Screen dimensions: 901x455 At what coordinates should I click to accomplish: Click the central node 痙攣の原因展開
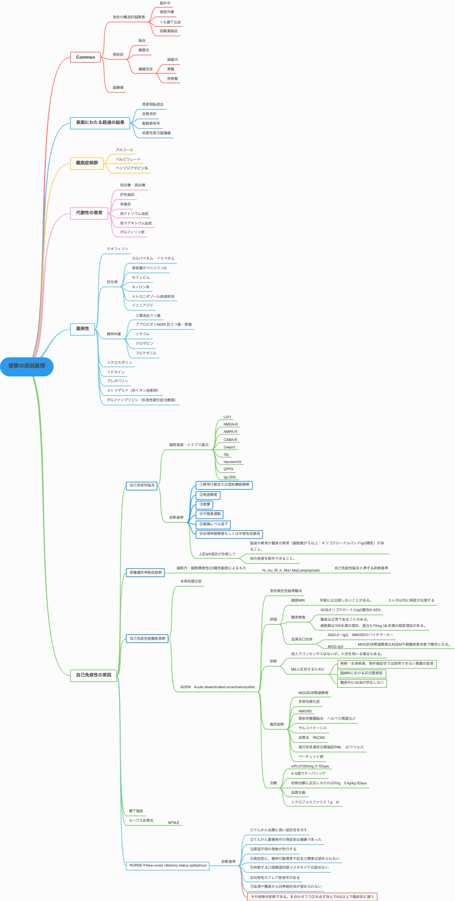point(27,366)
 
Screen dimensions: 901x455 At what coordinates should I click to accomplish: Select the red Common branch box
point(85,57)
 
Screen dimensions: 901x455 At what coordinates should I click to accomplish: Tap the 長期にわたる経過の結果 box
point(100,123)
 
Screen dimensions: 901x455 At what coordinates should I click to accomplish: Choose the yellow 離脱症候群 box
point(87,163)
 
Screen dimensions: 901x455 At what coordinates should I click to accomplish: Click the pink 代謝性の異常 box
point(89,213)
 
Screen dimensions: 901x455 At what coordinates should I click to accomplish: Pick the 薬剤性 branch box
point(83,329)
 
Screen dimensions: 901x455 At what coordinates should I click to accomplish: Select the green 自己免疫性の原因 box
point(94,675)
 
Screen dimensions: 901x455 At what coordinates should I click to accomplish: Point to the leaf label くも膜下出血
point(170,22)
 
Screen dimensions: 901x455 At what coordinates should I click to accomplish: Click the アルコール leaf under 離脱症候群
point(124,150)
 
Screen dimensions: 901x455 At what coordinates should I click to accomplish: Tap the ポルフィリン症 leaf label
point(132,232)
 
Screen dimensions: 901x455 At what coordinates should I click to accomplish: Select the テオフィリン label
point(117,249)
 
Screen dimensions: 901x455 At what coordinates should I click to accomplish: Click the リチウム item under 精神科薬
point(142,334)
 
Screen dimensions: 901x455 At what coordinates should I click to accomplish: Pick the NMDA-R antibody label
point(230,424)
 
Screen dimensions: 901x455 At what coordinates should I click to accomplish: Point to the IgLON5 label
point(230,477)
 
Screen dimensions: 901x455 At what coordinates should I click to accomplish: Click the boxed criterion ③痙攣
point(205,505)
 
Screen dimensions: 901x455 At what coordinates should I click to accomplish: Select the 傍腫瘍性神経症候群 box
point(146,573)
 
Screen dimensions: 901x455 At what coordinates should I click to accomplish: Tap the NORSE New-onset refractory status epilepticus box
point(168,865)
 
